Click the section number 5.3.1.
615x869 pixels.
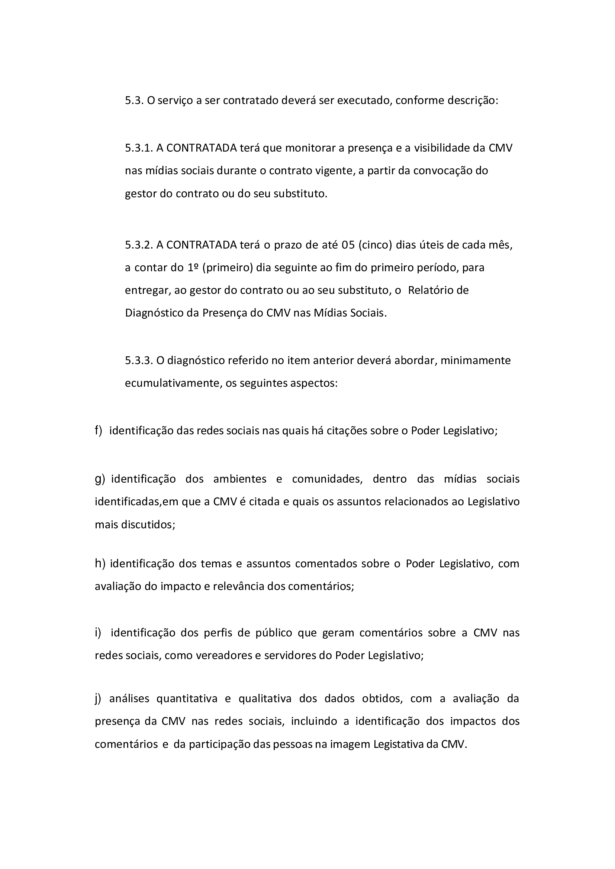coord(139,148)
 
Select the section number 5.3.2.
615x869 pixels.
coord(139,245)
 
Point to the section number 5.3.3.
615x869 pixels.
coord(139,360)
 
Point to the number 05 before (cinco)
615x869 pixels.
coord(348,245)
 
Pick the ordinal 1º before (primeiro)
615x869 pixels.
coord(193,267)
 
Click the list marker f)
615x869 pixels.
coord(99,431)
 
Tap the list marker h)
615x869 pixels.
coord(100,564)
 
